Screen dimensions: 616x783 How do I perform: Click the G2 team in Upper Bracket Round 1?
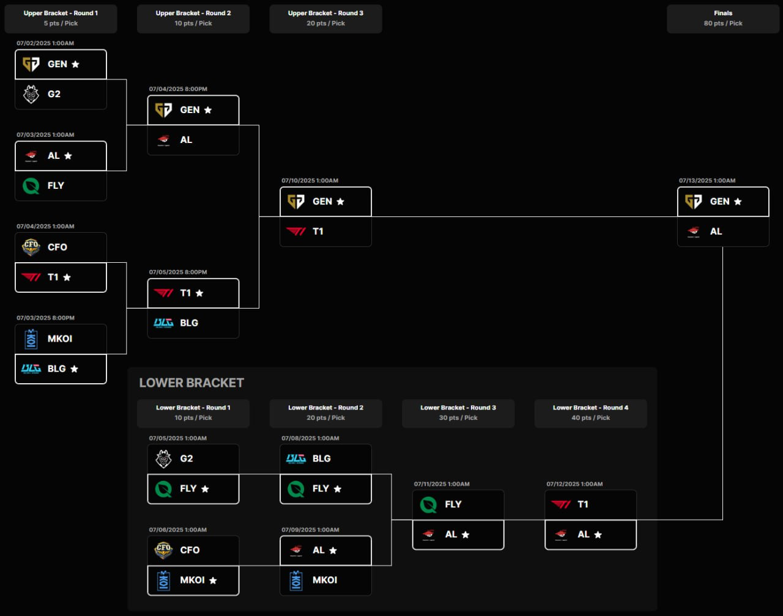pyautogui.click(x=54, y=94)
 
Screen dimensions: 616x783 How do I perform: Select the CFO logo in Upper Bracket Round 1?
pyautogui.click(x=31, y=247)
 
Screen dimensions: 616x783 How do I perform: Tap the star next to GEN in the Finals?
pyautogui.click(x=738, y=202)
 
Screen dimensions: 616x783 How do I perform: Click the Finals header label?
pyautogui.click(x=722, y=13)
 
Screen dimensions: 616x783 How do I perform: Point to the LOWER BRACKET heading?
pyautogui.click(x=191, y=383)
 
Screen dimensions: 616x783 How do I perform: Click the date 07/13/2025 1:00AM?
pyautogui.click(x=707, y=180)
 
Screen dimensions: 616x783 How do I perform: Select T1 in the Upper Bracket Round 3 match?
pyautogui.click(x=317, y=232)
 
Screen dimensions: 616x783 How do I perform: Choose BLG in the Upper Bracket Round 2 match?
pyautogui.click(x=189, y=323)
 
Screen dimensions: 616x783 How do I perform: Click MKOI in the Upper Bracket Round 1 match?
pyautogui.click(x=60, y=339)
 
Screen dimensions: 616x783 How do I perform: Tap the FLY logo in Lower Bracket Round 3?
pyautogui.click(x=428, y=504)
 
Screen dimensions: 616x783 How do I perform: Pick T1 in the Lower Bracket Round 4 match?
pyautogui.click(x=582, y=504)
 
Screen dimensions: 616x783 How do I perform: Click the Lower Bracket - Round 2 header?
pyautogui.click(x=325, y=408)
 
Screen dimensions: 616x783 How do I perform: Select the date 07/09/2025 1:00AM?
pyautogui.click(x=310, y=529)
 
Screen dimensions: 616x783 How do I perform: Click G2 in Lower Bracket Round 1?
pyautogui.click(x=186, y=458)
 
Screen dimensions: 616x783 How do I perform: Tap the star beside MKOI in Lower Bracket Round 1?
pyautogui.click(x=213, y=581)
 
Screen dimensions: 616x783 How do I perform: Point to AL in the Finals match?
pyautogui.click(x=716, y=232)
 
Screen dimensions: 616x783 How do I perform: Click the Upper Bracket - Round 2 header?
pyautogui.click(x=193, y=13)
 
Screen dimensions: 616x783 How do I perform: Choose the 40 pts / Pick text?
pyautogui.click(x=590, y=418)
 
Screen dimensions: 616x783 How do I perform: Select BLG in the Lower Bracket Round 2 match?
pyautogui.click(x=321, y=458)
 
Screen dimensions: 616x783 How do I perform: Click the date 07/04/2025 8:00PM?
pyautogui.click(x=178, y=89)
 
